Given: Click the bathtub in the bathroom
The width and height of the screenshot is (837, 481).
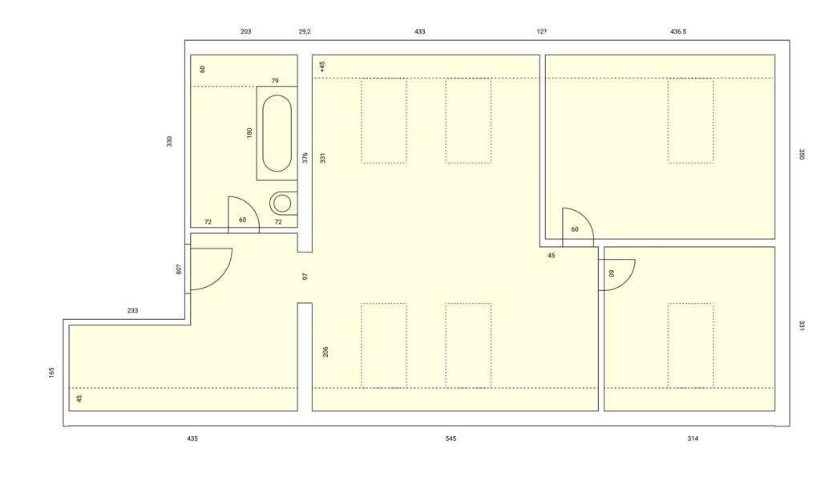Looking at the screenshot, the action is pyautogui.click(x=277, y=133).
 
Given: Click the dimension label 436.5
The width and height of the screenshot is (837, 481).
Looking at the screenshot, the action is pyautogui.click(x=678, y=31).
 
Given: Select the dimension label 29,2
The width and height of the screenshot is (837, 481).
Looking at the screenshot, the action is pyautogui.click(x=305, y=31).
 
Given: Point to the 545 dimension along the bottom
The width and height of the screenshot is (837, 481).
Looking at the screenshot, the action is pyautogui.click(x=451, y=439).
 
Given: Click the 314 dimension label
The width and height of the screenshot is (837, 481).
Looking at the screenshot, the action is pyautogui.click(x=693, y=439).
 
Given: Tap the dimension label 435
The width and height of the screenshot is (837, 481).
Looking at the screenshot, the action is pyautogui.click(x=192, y=439).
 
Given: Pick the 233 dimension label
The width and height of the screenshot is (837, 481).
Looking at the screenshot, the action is pyautogui.click(x=132, y=311).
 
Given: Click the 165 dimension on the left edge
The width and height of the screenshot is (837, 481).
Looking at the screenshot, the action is pyautogui.click(x=51, y=372).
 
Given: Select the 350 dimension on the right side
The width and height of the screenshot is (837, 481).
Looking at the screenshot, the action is pyautogui.click(x=801, y=154).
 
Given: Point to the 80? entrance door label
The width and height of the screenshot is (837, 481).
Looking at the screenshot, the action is pyautogui.click(x=179, y=269).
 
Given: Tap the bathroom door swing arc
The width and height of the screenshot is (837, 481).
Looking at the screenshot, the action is pyautogui.click(x=249, y=206).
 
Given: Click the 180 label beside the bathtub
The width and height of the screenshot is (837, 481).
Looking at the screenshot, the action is pyautogui.click(x=249, y=133).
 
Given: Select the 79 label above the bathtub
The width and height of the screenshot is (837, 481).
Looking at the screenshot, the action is pyautogui.click(x=275, y=81).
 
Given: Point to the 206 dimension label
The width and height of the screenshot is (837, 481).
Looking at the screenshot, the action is pyautogui.click(x=325, y=352).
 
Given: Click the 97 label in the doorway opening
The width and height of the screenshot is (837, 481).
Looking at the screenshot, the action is pyautogui.click(x=305, y=277).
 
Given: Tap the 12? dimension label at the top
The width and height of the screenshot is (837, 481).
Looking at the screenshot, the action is pyautogui.click(x=542, y=31).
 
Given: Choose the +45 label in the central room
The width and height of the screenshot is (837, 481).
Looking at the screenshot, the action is pyautogui.click(x=321, y=67).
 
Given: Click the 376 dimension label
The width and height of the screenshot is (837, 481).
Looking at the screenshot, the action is pyautogui.click(x=305, y=158).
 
